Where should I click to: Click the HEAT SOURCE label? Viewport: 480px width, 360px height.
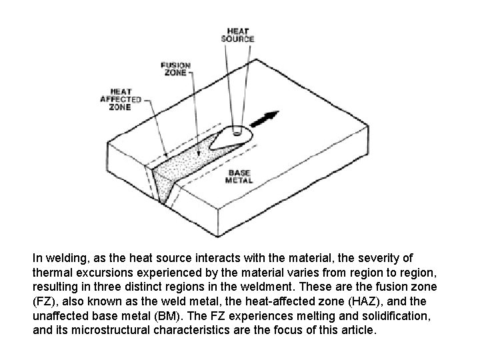tap(237, 35)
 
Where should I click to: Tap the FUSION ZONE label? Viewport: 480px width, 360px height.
tap(176, 69)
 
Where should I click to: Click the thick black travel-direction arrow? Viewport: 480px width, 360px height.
tap(265, 119)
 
